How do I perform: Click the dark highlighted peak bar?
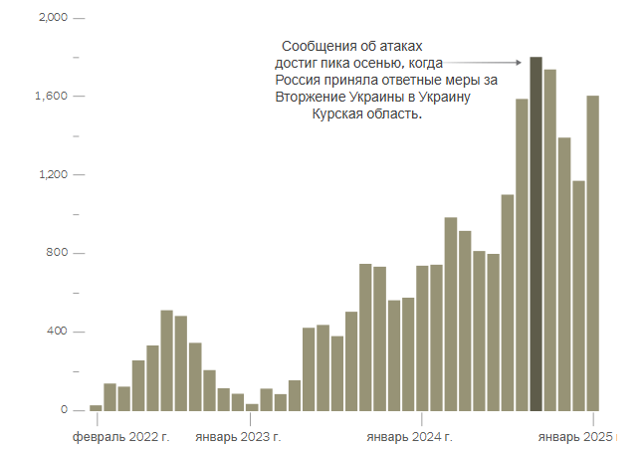pos(536,234)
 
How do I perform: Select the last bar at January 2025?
pos(592,253)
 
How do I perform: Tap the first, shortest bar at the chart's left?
pos(96,407)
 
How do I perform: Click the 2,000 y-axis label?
pos(51,19)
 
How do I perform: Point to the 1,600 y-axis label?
pos(51,97)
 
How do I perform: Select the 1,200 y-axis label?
pos(51,175)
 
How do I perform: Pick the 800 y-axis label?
pos(57,253)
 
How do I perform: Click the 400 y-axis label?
pos(57,332)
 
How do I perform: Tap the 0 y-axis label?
pos(64,409)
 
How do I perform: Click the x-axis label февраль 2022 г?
pos(120,437)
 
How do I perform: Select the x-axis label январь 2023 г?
pos(237,437)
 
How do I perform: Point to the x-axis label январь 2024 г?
pos(409,437)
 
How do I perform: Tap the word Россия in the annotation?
pos(298,81)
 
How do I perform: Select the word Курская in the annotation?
pos(339,114)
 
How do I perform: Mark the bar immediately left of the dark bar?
pos(522,255)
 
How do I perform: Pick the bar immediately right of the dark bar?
pos(549,240)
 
